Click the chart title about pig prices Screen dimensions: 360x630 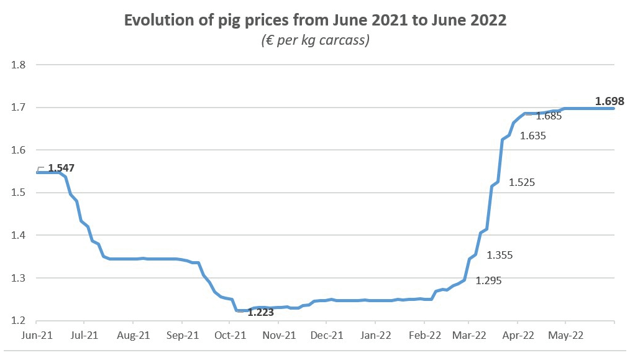tap(315, 21)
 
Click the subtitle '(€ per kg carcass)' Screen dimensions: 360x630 tap(315, 41)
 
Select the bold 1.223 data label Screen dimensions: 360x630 tap(260, 313)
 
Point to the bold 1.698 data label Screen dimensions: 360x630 tap(609, 101)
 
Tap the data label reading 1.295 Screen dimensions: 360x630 tap(488, 280)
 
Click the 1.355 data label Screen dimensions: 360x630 tap(500, 255)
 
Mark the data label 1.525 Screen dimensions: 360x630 tap(522, 182)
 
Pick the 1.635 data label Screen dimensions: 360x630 tap(533, 136)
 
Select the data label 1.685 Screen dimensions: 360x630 tap(549, 116)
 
